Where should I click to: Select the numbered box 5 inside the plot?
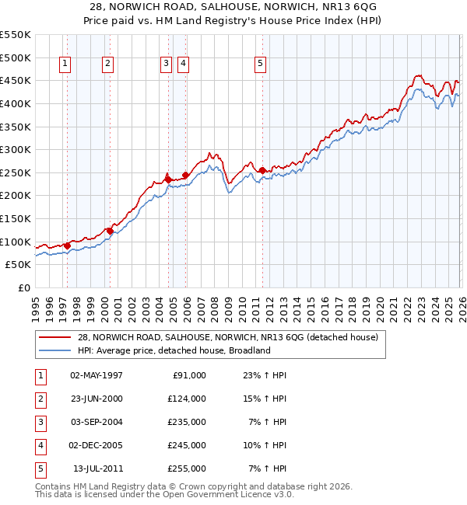[x=260, y=64]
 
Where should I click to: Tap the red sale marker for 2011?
[x=262, y=170]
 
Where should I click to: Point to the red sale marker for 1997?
[x=68, y=246]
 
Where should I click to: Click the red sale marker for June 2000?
[x=111, y=230]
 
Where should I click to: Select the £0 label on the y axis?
[x=23, y=287]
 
